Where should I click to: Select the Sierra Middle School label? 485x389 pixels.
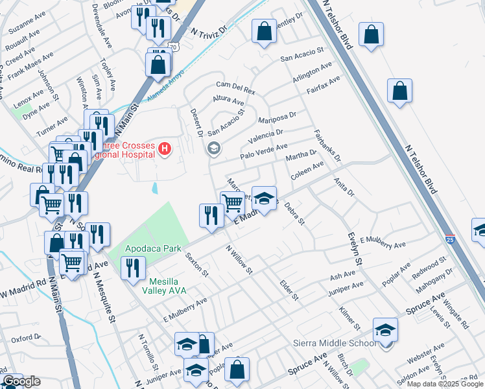pyautogui.click(x=335, y=343)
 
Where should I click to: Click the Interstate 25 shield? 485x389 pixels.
pyautogui.click(x=451, y=239)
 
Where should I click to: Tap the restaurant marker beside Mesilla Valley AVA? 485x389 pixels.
pyautogui.click(x=133, y=268)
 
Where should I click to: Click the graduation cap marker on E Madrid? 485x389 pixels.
pyautogui.click(x=264, y=198)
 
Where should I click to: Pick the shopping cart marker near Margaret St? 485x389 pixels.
pyautogui.click(x=232, y=202)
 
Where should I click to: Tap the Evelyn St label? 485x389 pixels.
pyautogui.click(x=353, y=248)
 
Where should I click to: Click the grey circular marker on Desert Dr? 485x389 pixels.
pyautogui.click(x=213, y=149)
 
